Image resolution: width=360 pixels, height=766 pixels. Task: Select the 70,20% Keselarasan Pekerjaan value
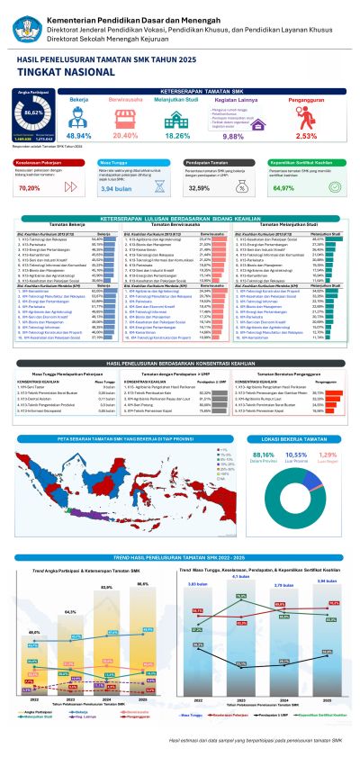[30, 188]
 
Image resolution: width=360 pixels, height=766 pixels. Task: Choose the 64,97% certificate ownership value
[283, 188]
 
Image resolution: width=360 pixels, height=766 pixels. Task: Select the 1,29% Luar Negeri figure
[328, 456]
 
